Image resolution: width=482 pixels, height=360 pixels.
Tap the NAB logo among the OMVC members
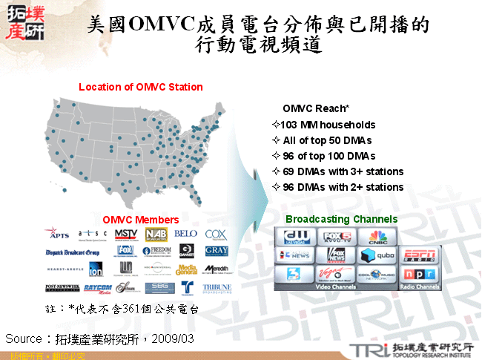click(x=156, y=235)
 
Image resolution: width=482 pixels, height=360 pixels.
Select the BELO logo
click(x=185, y=234)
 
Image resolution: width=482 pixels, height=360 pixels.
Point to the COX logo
click(x=216, y=235)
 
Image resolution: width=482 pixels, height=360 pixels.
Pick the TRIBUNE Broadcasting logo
click(x=216, y=288)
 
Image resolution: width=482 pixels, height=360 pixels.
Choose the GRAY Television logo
click(x=216, y=252)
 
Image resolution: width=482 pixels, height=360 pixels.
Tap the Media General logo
click(x=186, y=269)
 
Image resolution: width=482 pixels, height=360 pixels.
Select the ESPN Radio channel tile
click(x=419, y=255)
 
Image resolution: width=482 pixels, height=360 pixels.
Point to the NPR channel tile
click(x=419, y=274)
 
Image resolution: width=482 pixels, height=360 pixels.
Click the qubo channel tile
click(x=378, y=255)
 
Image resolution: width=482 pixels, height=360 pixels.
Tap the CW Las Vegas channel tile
click(x=295, y=238)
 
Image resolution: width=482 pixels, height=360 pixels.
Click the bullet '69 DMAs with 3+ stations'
click(x=337, y=171)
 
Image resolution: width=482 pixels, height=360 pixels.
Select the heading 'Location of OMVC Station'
click(x=141, y=87)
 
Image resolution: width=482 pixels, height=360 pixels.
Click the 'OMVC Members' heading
click(x=141, y=220)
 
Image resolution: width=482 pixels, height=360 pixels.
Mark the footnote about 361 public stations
click(x=123, y=307)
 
